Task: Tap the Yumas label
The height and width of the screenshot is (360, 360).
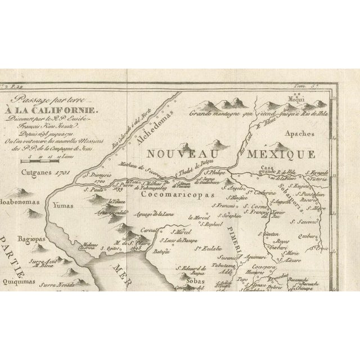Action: pyautogui.click(x=63, y=206)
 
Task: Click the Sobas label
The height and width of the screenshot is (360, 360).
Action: pyautogui.click(x=192, y=276)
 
